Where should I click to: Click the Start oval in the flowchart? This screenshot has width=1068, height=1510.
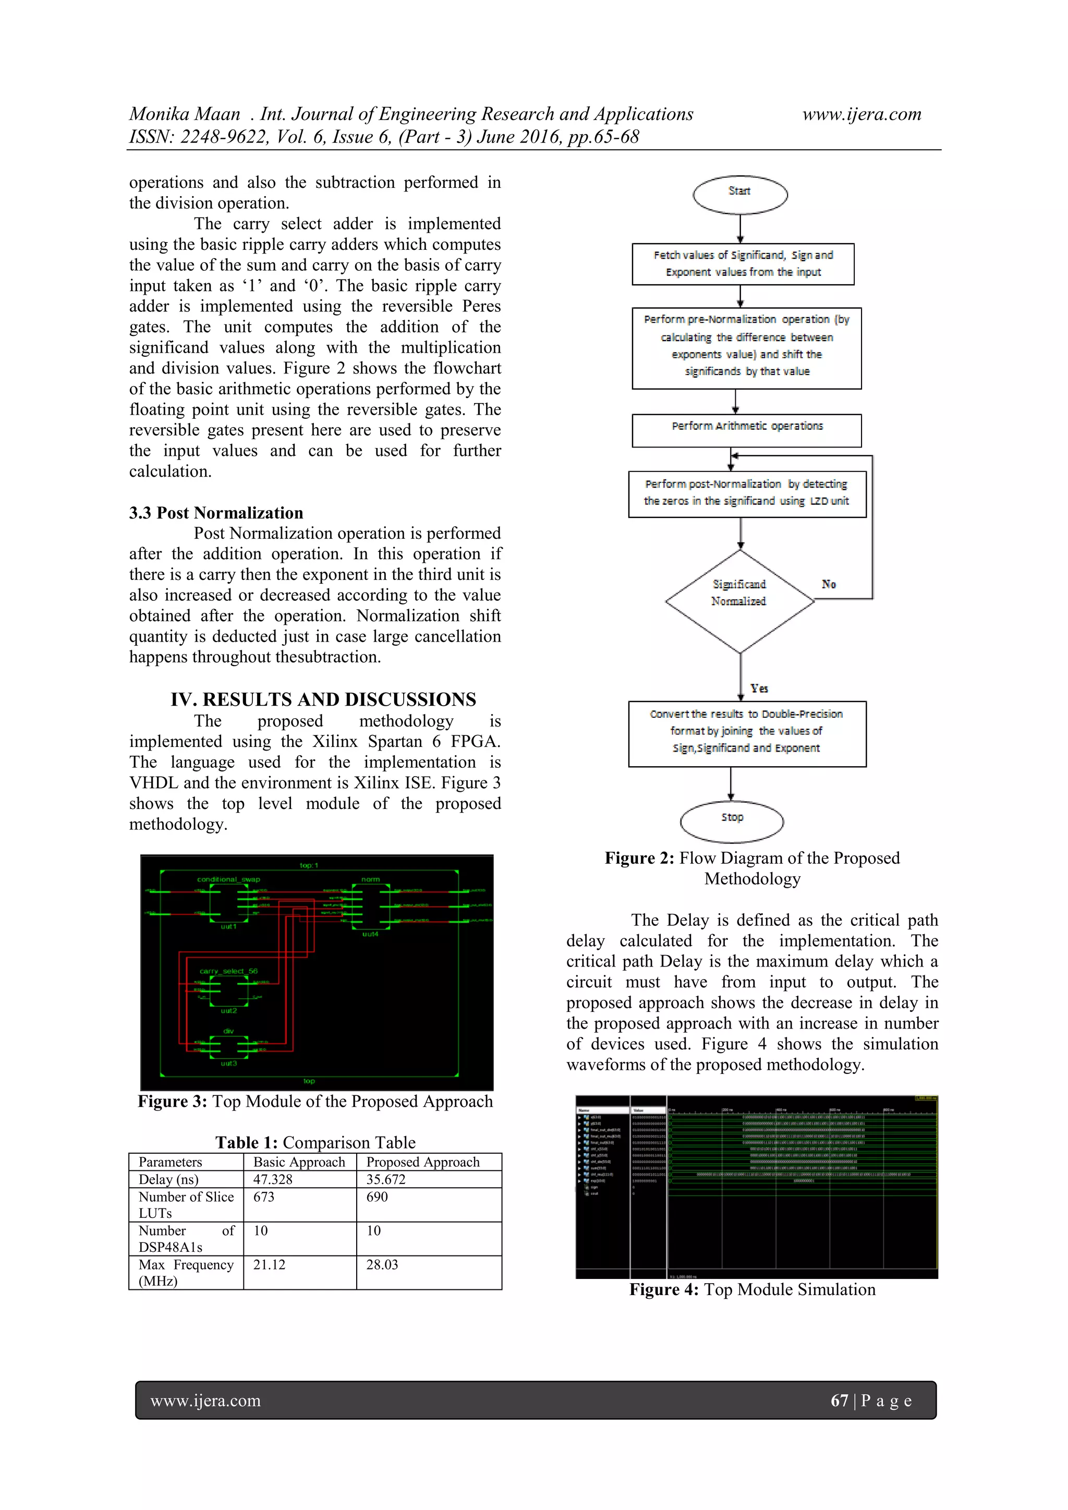coord(740,195)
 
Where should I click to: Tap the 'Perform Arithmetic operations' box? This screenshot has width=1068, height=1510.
coord(746,430)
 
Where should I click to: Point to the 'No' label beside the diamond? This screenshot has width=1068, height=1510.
coord(829,584)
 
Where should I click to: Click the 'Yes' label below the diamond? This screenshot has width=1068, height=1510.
coord(759,688)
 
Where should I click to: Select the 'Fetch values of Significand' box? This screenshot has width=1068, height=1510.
coord(743,264)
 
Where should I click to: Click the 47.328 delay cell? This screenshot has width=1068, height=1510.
coord(273,1179)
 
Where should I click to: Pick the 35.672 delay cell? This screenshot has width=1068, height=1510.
coord(386,1179)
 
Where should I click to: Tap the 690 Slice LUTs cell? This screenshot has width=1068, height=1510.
coord(377,1197)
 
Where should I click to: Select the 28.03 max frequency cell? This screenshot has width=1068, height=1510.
coord(382,1265)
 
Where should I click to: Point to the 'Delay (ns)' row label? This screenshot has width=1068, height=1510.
coord(168,1179)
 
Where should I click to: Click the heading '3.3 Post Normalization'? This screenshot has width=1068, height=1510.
coord(216,513)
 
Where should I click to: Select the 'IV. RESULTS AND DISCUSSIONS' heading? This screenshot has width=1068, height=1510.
coord(323,699)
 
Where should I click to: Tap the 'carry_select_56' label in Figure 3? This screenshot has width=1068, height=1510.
coord(228,971)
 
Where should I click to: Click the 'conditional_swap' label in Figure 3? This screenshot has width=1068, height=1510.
coord(228,879)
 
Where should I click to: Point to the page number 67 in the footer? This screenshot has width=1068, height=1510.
coord(839,1401)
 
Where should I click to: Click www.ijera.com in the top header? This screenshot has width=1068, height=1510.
coord(861,114)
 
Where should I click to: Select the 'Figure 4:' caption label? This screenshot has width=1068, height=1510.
coord(663,1290)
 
